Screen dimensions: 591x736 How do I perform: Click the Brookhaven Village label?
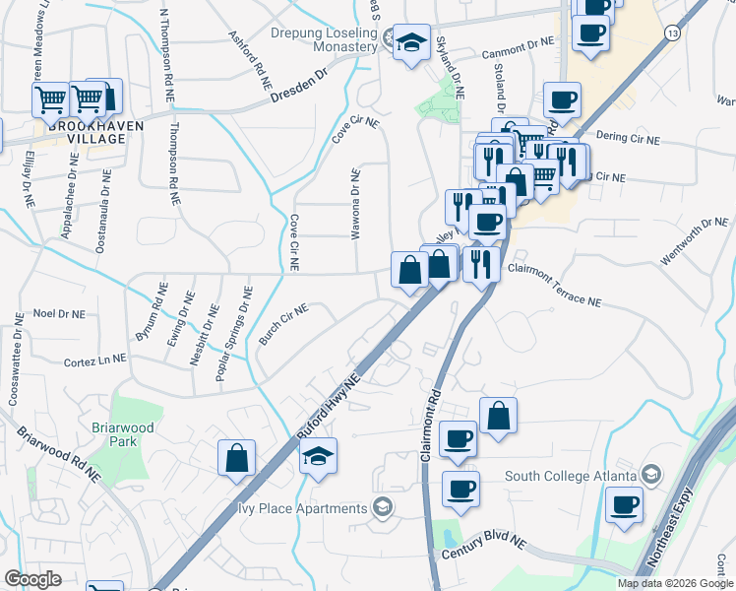[83, 132]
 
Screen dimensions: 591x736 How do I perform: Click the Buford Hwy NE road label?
[331, 406]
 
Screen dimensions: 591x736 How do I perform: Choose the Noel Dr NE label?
[59, 313]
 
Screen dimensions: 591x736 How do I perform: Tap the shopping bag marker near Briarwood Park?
[237, 458]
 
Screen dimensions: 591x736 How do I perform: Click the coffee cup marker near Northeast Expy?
[623, 506]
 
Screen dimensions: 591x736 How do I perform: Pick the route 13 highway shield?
[671, 33]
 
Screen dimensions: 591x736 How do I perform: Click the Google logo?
[32, 579]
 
